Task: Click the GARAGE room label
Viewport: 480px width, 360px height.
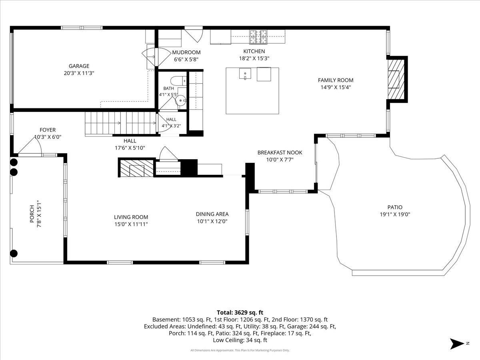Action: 79,66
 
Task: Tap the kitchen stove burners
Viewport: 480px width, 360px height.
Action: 258,36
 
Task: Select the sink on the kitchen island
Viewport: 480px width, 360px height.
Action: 245,74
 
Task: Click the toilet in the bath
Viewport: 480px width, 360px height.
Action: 178,81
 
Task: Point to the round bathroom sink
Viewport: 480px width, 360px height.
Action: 181,100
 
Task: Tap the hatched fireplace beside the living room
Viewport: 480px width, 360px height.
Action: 137,168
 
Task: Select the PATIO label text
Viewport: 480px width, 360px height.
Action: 395,207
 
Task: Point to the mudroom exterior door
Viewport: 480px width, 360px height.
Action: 194,34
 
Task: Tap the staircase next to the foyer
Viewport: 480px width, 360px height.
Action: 120,124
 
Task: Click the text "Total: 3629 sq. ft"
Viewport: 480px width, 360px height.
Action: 240,312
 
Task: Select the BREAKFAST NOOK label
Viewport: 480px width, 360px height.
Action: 280,152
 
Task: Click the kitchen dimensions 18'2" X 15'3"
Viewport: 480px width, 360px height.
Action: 254,58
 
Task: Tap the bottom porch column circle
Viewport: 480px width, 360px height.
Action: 14,253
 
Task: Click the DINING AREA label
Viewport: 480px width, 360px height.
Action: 212,214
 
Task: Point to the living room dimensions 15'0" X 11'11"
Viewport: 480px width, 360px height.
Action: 131,224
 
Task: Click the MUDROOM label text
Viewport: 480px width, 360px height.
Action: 186,52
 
